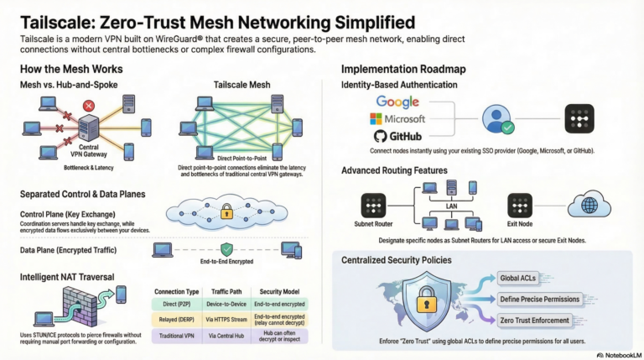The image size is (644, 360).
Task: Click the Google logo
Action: pyautogui.click(x=397, y=102)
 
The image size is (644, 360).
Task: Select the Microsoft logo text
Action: pyautogui.click(x=397, y=119)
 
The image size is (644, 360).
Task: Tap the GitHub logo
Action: pyautogui.click(x=397, y=137)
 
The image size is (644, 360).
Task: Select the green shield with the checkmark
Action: pyautogui.click(x=226, y=249)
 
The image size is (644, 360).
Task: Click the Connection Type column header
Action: pyautogui.click(x=178, y=290)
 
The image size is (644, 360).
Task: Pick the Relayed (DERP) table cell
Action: pyautogui.click(x=178, y=319)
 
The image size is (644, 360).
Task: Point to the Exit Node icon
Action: pyautogui.click(x=520, y=206)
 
